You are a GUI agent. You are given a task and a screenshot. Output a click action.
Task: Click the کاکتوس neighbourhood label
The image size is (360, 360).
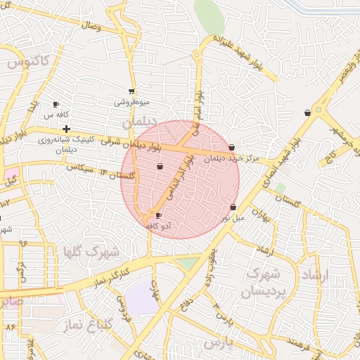tap(30, 62)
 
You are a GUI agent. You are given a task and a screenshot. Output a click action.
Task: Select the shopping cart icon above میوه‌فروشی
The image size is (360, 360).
tap(131, 91)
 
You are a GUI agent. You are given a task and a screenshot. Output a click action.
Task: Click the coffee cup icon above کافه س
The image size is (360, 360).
tap(56, 104)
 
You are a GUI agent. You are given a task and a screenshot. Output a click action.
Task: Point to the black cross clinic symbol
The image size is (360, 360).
tap(66, 129)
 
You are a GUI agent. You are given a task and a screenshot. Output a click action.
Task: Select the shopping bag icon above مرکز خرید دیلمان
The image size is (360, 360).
tap(231, 147)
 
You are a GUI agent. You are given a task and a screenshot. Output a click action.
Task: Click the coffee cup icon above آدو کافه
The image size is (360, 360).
tap(158, 216)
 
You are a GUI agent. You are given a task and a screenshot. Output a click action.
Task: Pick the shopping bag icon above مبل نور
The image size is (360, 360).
tap(233, 207)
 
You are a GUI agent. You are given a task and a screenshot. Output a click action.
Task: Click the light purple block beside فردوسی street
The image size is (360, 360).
tap(143, 297)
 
